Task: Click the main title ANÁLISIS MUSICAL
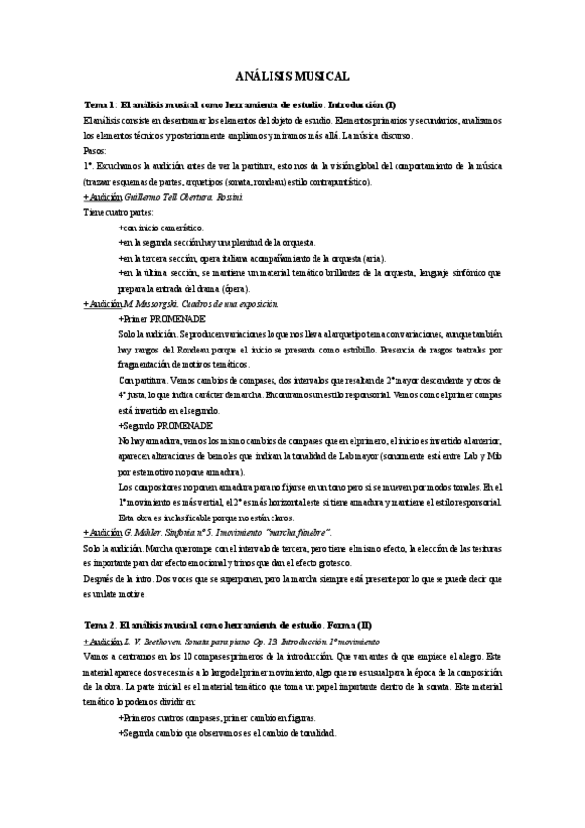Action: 292,76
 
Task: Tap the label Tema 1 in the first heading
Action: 100,104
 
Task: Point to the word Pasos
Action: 96,152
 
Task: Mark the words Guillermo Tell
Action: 151,197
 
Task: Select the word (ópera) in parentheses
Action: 233,289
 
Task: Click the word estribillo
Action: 391,350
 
